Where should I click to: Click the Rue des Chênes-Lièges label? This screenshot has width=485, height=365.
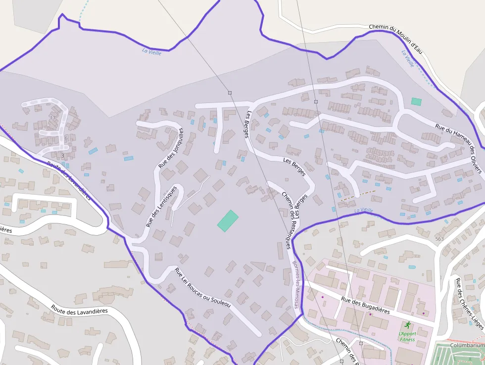pyautogui.click(x=470, y=302)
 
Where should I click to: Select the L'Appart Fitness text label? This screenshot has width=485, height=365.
pyautogui.click(x=407, y=337)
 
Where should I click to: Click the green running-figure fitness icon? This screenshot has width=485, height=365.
pyautogui.click(x=407, y=325)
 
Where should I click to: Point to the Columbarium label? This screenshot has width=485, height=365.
pyautogui.click(x=468, y=345)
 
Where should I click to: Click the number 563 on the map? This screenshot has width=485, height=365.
pyautogui.click(x=439, y=239)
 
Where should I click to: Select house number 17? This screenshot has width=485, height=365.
pyautogui.click(x=52, y=117)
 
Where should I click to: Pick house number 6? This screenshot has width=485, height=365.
pyautogui.click(x=65, y=138)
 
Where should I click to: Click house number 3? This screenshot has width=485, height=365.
pyautogui.click(x=63, y=156)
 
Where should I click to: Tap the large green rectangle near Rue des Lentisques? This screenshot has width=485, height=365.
pyautogui.click(x=228, y=220)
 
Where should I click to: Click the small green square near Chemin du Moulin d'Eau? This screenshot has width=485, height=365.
pyautogui.click(x=416, y=102)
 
